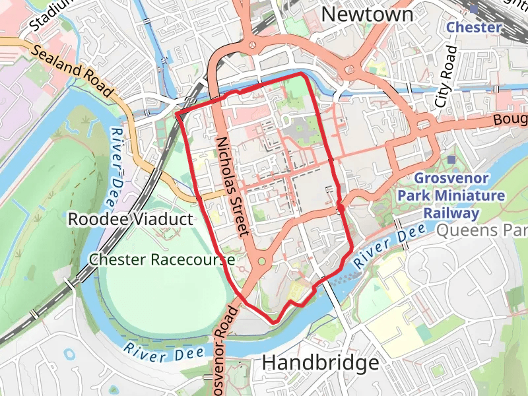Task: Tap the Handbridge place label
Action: coord(321,362)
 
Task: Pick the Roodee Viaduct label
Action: coord(131,219)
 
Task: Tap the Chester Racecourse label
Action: coord(162,259)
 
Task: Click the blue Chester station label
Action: coord(475,27)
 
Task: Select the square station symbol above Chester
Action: coord(474,9)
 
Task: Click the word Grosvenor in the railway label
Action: coord(451,178)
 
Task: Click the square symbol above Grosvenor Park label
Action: coord(451,160)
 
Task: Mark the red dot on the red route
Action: coord(340,209)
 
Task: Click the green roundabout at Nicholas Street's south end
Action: coord(262,262)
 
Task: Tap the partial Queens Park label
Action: coord(482,230)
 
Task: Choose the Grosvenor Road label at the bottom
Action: coord(223,350)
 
